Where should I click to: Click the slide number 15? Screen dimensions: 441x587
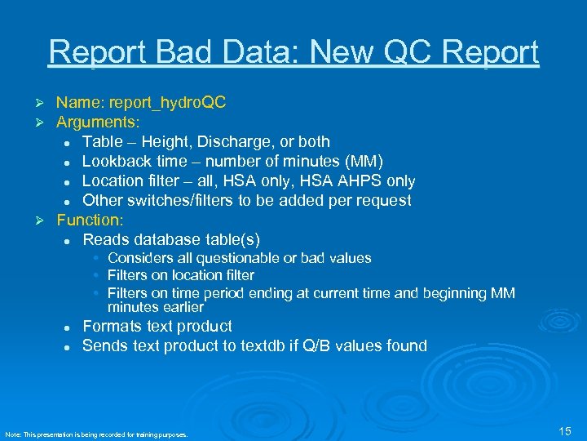(565, 430)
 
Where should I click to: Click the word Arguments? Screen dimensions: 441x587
(98, 122)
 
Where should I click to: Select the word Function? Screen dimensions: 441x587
(90, 220)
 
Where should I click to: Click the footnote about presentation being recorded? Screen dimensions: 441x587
(96, 434)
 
